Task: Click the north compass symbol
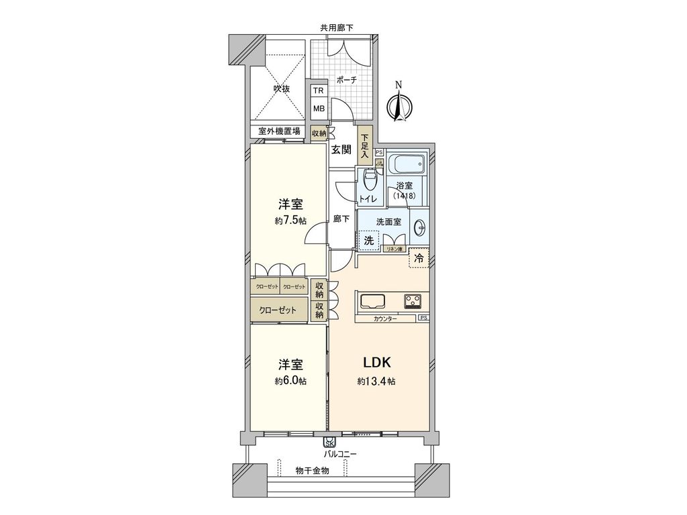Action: [x=399, y=103]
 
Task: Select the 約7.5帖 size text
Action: [x=290, y=220]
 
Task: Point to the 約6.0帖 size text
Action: [x=290, y=381]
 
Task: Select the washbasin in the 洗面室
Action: [x=420, y=228]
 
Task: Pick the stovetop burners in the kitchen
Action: [x=412, y=301]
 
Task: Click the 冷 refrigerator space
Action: [x=419, y=257]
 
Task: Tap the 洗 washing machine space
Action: [x=368, y=239]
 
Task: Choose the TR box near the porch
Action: [x=319, y=92]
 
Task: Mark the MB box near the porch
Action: [x=319, y=109]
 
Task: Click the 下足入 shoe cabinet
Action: [x=365, y=146]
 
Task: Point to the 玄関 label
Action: [x=341, y=150]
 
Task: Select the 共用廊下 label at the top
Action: [x=336, y=27]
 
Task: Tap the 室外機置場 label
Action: [x=279, y=132]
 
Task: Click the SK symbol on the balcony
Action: [x=329, y=443]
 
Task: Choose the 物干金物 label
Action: [x=312, y=471]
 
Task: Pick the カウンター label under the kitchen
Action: [x=385, y=319]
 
